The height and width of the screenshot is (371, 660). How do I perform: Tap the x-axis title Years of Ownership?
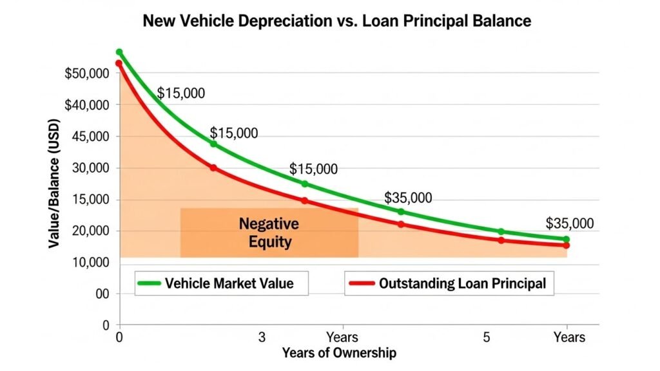tap(338, 353)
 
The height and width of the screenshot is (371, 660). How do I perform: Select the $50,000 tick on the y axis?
tap(87, 73)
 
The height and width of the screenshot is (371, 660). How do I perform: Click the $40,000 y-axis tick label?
tap(87, 105)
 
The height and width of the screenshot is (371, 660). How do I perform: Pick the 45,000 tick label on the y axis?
tap(92, 137)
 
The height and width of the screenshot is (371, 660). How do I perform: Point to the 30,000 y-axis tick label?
tap(92, 168)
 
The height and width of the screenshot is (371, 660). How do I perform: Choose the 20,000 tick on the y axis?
tap(92, 231)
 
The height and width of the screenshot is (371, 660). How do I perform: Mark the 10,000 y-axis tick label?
tap(92, 263)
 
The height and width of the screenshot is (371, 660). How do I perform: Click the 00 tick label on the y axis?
tap(102, 294)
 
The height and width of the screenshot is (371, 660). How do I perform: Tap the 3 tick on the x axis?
tap(262, 338)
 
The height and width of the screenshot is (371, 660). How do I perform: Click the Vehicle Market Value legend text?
tap(229, 283)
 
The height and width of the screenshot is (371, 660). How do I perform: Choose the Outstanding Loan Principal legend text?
tap(461, 283)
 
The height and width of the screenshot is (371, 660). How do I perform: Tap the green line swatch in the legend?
tap(150, 283)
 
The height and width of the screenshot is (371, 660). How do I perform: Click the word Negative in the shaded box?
tap(269, 224)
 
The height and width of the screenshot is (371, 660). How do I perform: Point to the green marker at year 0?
tap(119, 52)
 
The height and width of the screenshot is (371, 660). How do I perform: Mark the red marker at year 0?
tap(119, 63)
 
